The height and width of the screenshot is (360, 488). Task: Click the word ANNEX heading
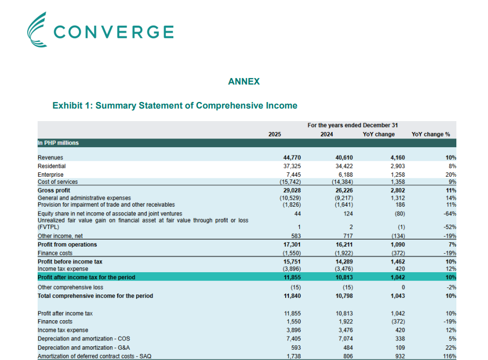[x=244, y=82]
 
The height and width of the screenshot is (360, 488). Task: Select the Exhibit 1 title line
[x=174, y=105]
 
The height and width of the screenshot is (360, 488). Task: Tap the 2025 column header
[x=275, y=134]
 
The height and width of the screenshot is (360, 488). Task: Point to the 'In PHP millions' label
[x=58, y=143]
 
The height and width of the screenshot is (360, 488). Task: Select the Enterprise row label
[x=51, y=174]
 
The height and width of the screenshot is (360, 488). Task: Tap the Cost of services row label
[x=57, y=182]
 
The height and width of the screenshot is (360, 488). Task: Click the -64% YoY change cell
[x=449, y=213]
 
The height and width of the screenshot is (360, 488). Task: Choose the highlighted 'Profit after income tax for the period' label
[x=86, y=277]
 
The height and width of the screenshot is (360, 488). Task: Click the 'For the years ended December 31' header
[x=352, y=125]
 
